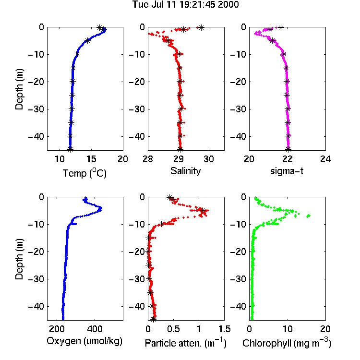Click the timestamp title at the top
click(185, 4)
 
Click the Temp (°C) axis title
click(84, 173)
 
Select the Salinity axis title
click(185, 171)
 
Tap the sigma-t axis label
click(287, 171)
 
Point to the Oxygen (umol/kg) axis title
click(84, 341)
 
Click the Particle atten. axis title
click(185, 343)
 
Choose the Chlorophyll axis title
click(287, 343)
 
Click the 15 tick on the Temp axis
click(91, 159)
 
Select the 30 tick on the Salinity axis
click(209, 159)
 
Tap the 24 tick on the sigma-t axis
click(325, 159)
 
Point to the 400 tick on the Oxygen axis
click(95, 329)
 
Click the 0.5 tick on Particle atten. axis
click(173, 329)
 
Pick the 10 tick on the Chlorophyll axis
click(287, 329)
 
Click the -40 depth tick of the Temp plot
click(36, 137)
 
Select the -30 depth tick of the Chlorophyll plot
click(238, 279)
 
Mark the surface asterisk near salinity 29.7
click(201, 27)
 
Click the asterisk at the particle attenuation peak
click(203, 210)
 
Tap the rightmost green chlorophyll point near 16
click(309, 216)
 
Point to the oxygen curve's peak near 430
click(100, 208)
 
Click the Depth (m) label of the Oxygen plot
click(19, 259)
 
